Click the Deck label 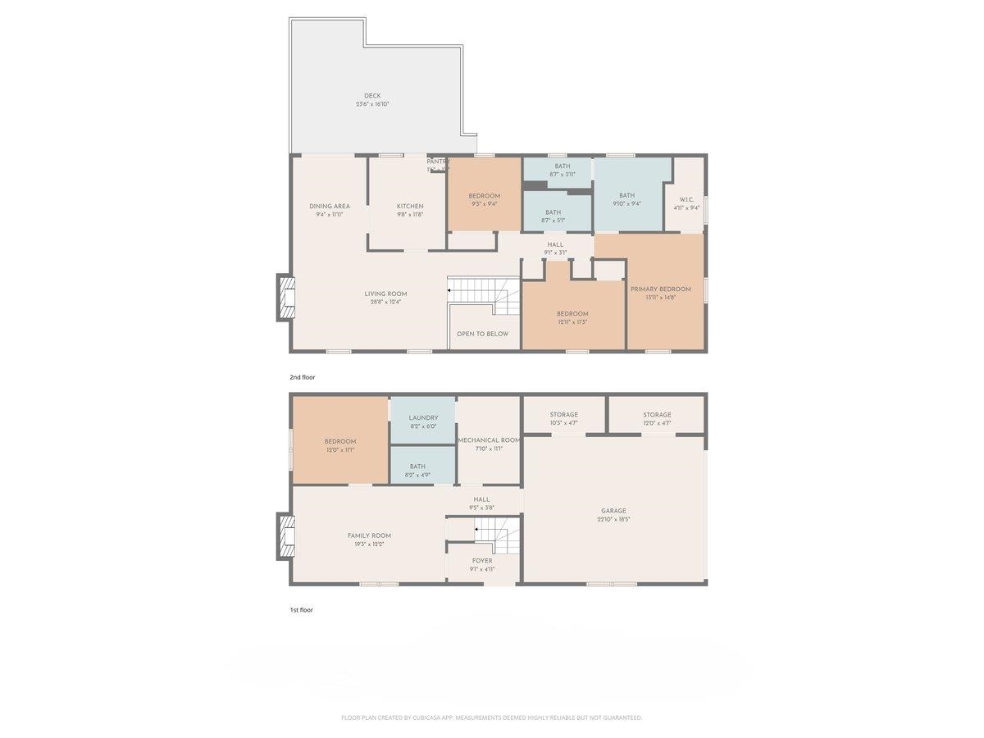(x=372, y=96)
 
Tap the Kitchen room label (x=410, y=206)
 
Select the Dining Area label (x=330, y=206)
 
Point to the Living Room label (x=385, y=294)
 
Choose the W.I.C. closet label (x=686, y=199)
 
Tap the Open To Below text (x=482, y=334)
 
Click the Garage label (x=613, y=510)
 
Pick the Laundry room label (x=422, y=417)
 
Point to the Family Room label (x=369, y=535)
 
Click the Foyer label (x=481, y=561)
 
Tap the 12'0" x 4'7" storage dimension (x=657, y=423)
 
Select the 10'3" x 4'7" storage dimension (x=563, y=423)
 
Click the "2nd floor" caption (x=302, y=377)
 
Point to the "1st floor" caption (x=301, y=610)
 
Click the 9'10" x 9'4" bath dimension (x=627, y=204)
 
